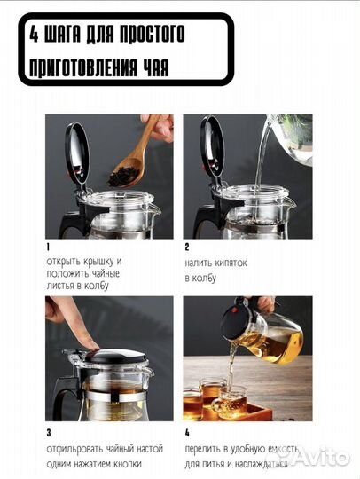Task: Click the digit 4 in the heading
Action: pos(34,34)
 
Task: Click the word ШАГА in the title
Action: pos(63,34)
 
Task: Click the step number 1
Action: pos(48,247)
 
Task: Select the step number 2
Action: pos(187,247)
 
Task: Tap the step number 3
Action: pos(49,433)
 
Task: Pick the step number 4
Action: pos(187,433)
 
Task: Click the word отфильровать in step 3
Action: pos(74,449)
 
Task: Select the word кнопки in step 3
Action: pos(128,464)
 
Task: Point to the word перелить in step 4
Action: pos(202,449)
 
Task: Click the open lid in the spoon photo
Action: pos(77,153)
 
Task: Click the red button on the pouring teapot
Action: pos(234,310)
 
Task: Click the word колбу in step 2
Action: pos(203,278)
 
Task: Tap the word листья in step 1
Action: pos(60,286)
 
